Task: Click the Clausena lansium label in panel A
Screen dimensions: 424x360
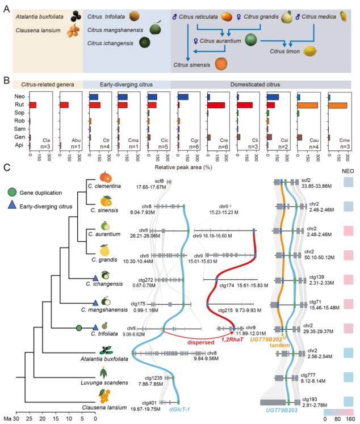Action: click(x=35, y=33)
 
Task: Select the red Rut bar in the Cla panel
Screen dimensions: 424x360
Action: click(x=33, y=106)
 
